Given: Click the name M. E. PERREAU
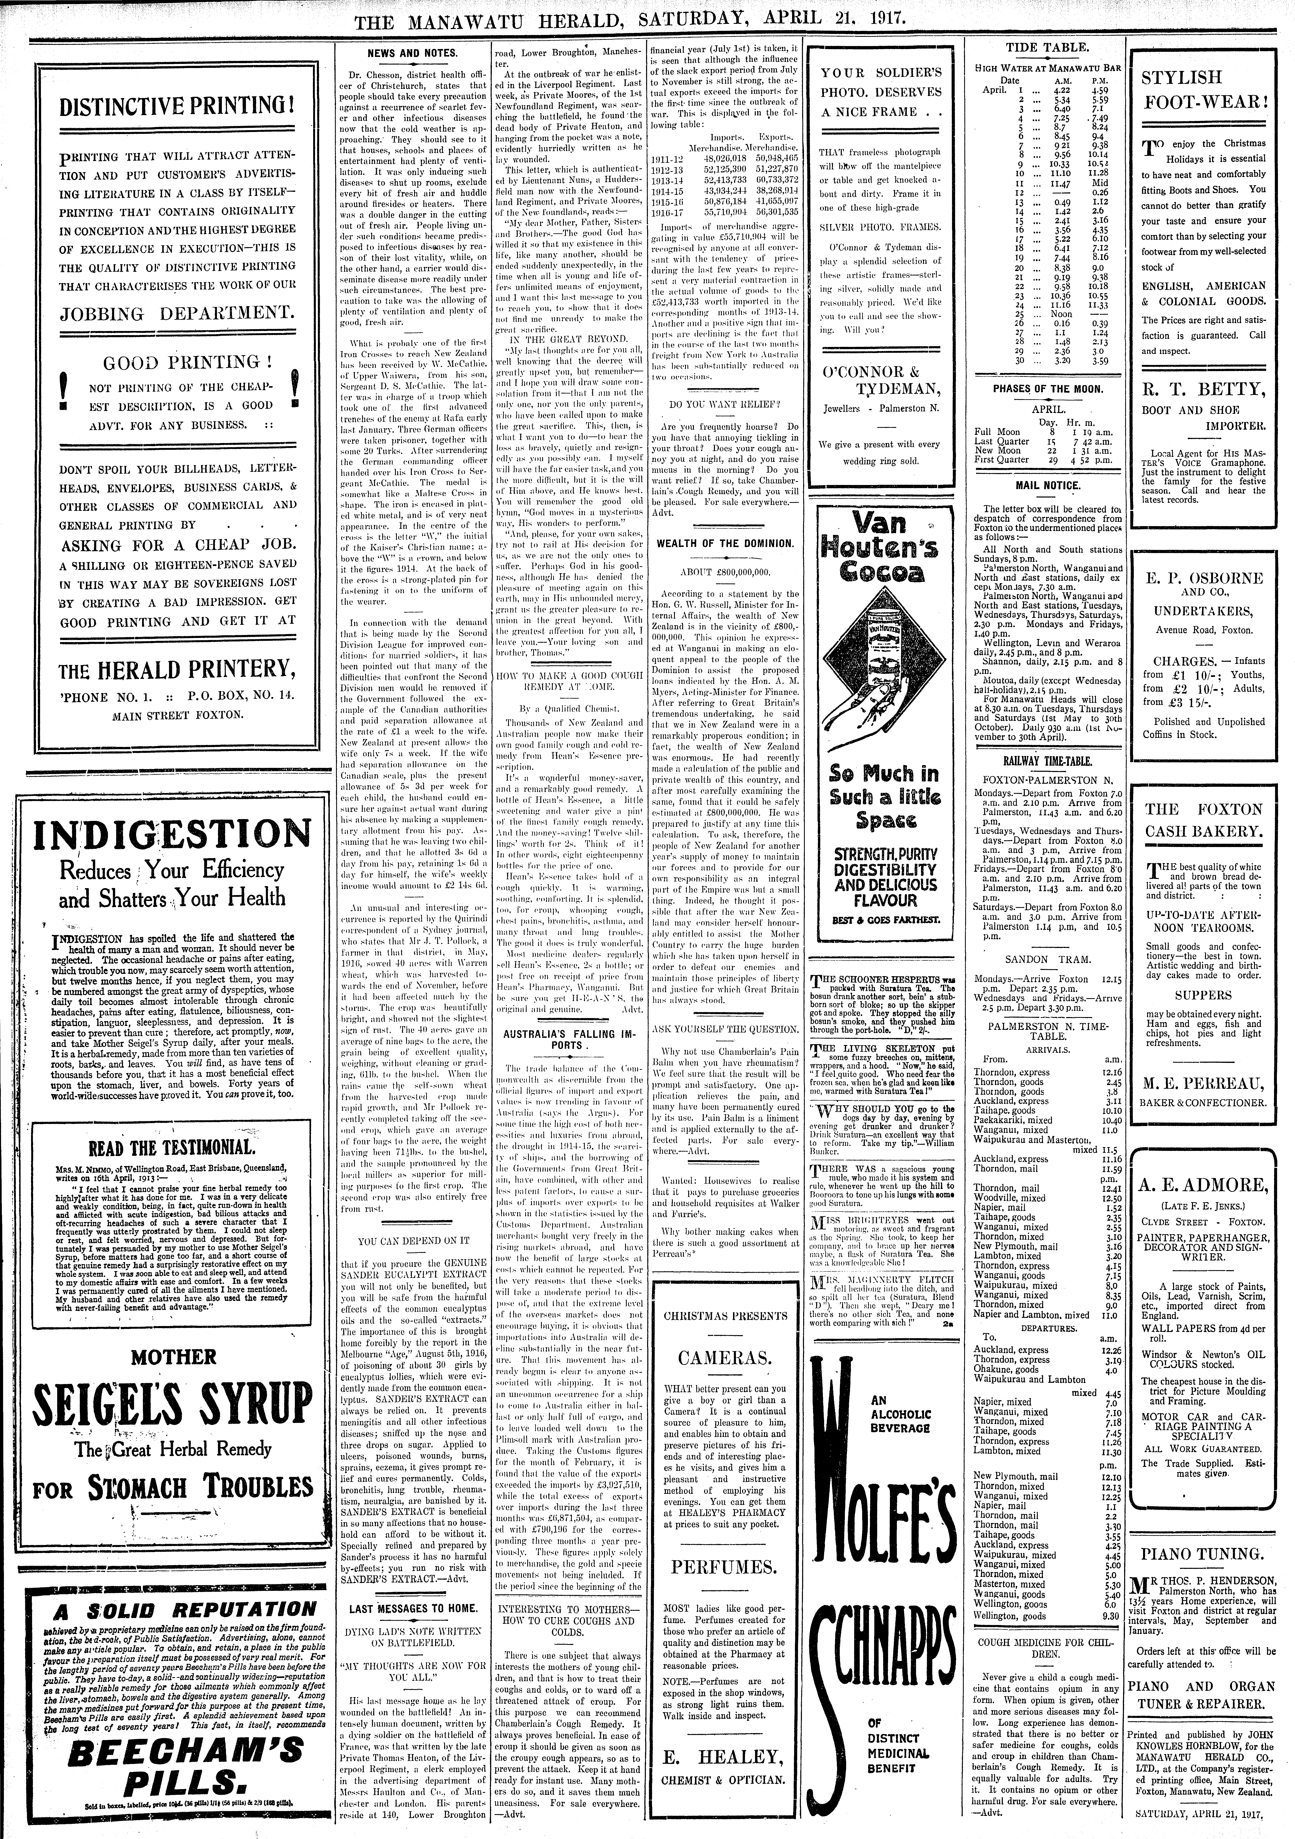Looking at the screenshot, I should [1204, 1084].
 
